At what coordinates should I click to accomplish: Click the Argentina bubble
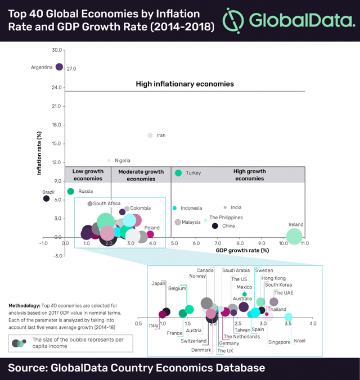coord(59,67)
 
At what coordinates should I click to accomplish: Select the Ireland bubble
coord(294,237)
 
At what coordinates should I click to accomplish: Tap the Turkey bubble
coord(178,173)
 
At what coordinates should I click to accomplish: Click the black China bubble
coord(215,226)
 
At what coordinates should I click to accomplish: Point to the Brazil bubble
coord(47,198)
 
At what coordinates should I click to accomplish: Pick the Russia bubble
coord(70,191)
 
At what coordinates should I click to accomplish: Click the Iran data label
coord(161,135)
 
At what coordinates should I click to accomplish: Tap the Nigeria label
coord(123,160)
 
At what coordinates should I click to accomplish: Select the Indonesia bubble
coord(175,208)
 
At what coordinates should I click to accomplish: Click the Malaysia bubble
coord(178,222)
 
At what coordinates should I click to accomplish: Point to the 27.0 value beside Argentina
coord(71,69)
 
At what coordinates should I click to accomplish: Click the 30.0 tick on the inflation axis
coord(56,50)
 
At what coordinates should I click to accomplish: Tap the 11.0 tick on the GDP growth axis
coord(304,243)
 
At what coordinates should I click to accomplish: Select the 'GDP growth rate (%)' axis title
coord(243,250)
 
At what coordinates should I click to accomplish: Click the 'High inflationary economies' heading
coord(184,84)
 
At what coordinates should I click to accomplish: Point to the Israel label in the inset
coord(299,341)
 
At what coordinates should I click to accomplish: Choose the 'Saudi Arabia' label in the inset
coord(236,270)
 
